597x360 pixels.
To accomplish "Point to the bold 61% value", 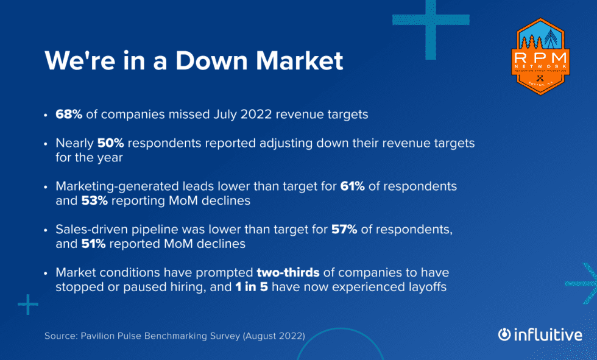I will coord(352,186).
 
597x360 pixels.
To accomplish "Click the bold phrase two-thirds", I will coord(288,272).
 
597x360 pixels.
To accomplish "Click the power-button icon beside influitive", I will coord(504,334).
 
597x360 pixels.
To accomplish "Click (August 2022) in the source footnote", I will coord(276,336).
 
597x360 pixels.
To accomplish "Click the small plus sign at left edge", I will coord(27,305).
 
